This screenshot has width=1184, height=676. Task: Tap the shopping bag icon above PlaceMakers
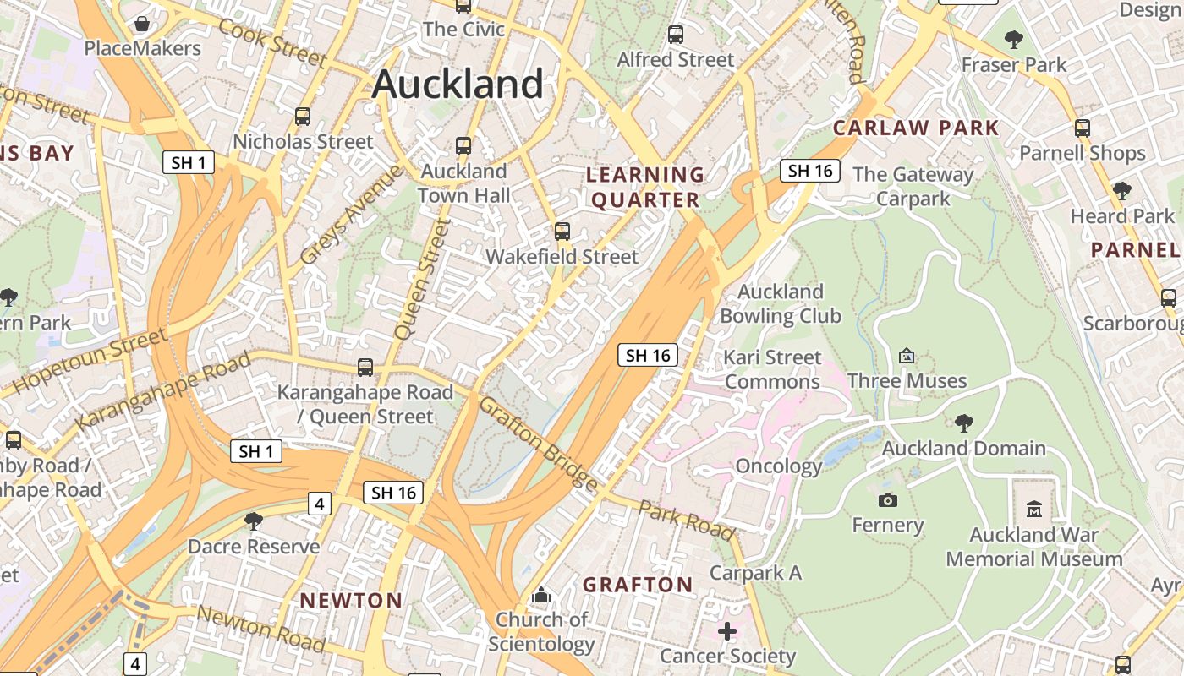142,23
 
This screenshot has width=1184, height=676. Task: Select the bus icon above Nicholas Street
303,117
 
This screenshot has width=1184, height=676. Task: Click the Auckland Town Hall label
463,183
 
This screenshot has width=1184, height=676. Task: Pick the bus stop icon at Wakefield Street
562,232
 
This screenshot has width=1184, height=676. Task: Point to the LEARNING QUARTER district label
645,188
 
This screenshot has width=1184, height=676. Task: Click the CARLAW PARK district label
916,128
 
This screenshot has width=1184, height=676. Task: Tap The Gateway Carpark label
913,187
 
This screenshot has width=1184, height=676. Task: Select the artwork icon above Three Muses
907,356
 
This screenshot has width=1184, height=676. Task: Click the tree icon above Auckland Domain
963,423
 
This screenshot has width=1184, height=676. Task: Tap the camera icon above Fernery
887,500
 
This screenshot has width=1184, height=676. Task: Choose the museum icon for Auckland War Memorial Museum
1033,509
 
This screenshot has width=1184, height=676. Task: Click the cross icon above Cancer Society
727,631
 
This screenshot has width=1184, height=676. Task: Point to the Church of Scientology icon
541,596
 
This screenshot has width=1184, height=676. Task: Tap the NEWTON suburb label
351,601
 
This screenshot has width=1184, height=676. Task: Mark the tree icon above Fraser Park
1013,40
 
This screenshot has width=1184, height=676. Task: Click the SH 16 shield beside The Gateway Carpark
810,171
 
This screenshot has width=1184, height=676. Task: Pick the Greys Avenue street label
350,215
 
